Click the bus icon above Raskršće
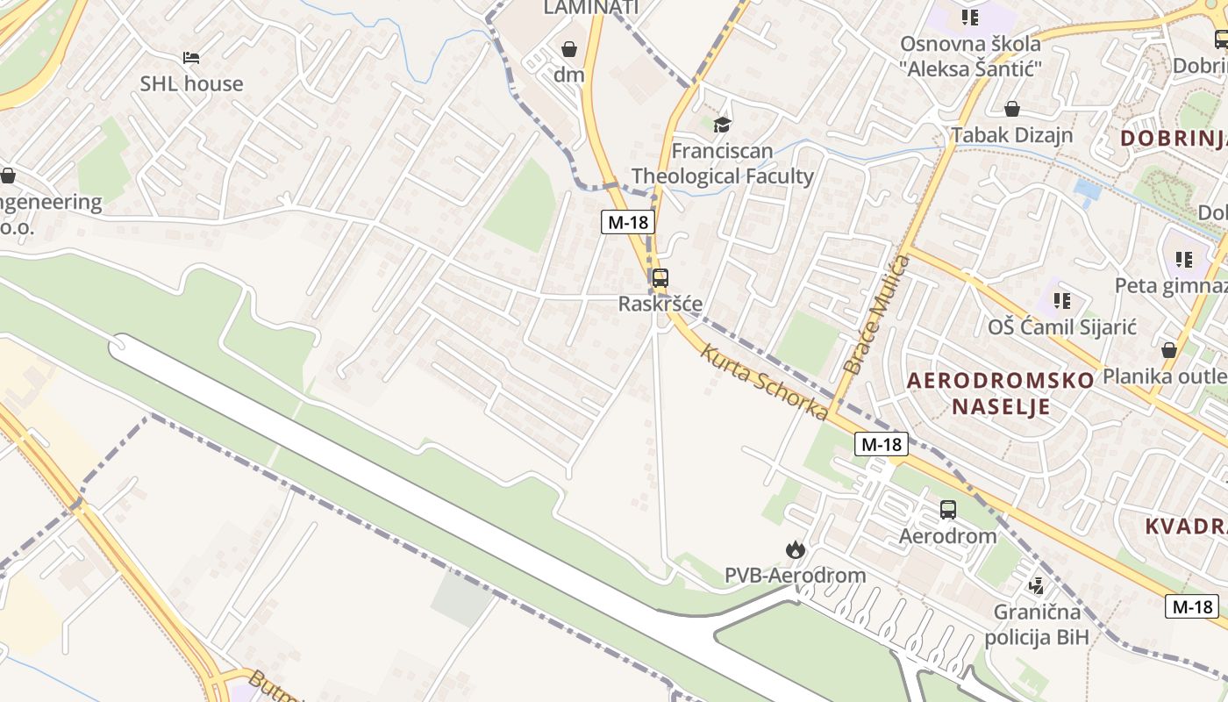(x=660, y=278)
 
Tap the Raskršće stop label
(x=660, y=304)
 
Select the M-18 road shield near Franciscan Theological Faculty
(x=628, y=222)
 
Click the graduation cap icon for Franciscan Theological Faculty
(x=722, y=125)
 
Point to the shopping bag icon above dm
(x=569, y=49)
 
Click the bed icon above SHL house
(x=191, y=58)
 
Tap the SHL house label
(x=191, y=84)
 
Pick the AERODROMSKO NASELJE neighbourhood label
(x=1000, y=393)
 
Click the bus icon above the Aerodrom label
(x=947, y=510)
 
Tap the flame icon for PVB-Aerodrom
(x=795, y=550)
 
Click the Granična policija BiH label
(x=1036, y=624)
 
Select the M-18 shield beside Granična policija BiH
(x=1192, y=606)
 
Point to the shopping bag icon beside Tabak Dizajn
(x=1011, y=109)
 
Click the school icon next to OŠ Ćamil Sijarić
(x=1062, y=301)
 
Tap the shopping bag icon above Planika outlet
(x=1168, y=350)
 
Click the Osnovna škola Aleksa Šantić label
(x=970, y=55)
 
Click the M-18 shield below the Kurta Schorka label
(x=881, y=444)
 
